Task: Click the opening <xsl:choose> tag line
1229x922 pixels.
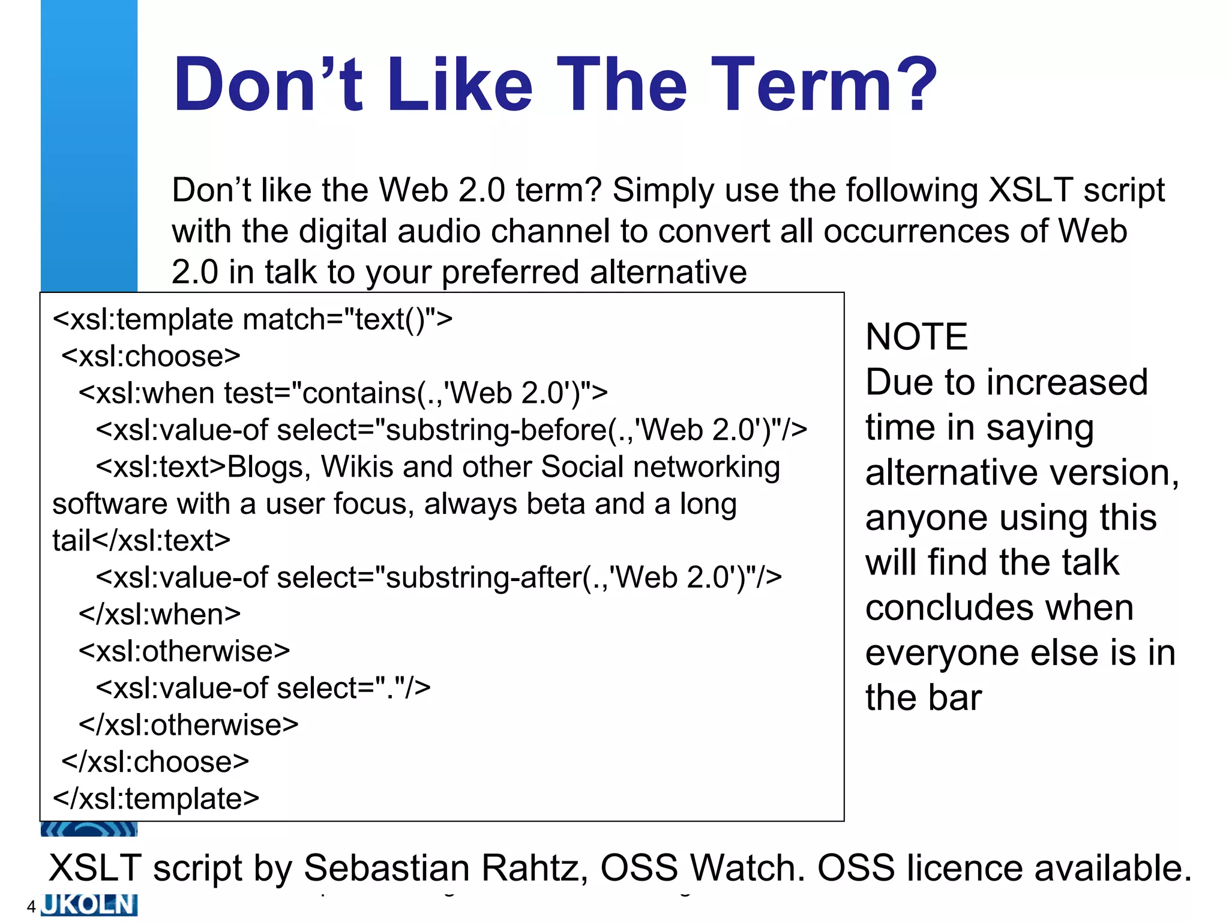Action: click(x=151, y=357)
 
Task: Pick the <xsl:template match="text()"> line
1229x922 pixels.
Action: click(x=253, y=319)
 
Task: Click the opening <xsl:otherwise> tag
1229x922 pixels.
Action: click(x=184, y=651)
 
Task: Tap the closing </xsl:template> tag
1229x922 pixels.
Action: click(x=156, y=799)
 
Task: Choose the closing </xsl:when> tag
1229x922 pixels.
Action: click(x=160, y=615)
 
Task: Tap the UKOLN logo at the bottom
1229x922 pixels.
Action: click(x=89, y=905)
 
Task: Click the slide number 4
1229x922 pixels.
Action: click(x=31, y=906)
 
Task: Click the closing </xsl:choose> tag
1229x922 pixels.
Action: click(x=155, y=762)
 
